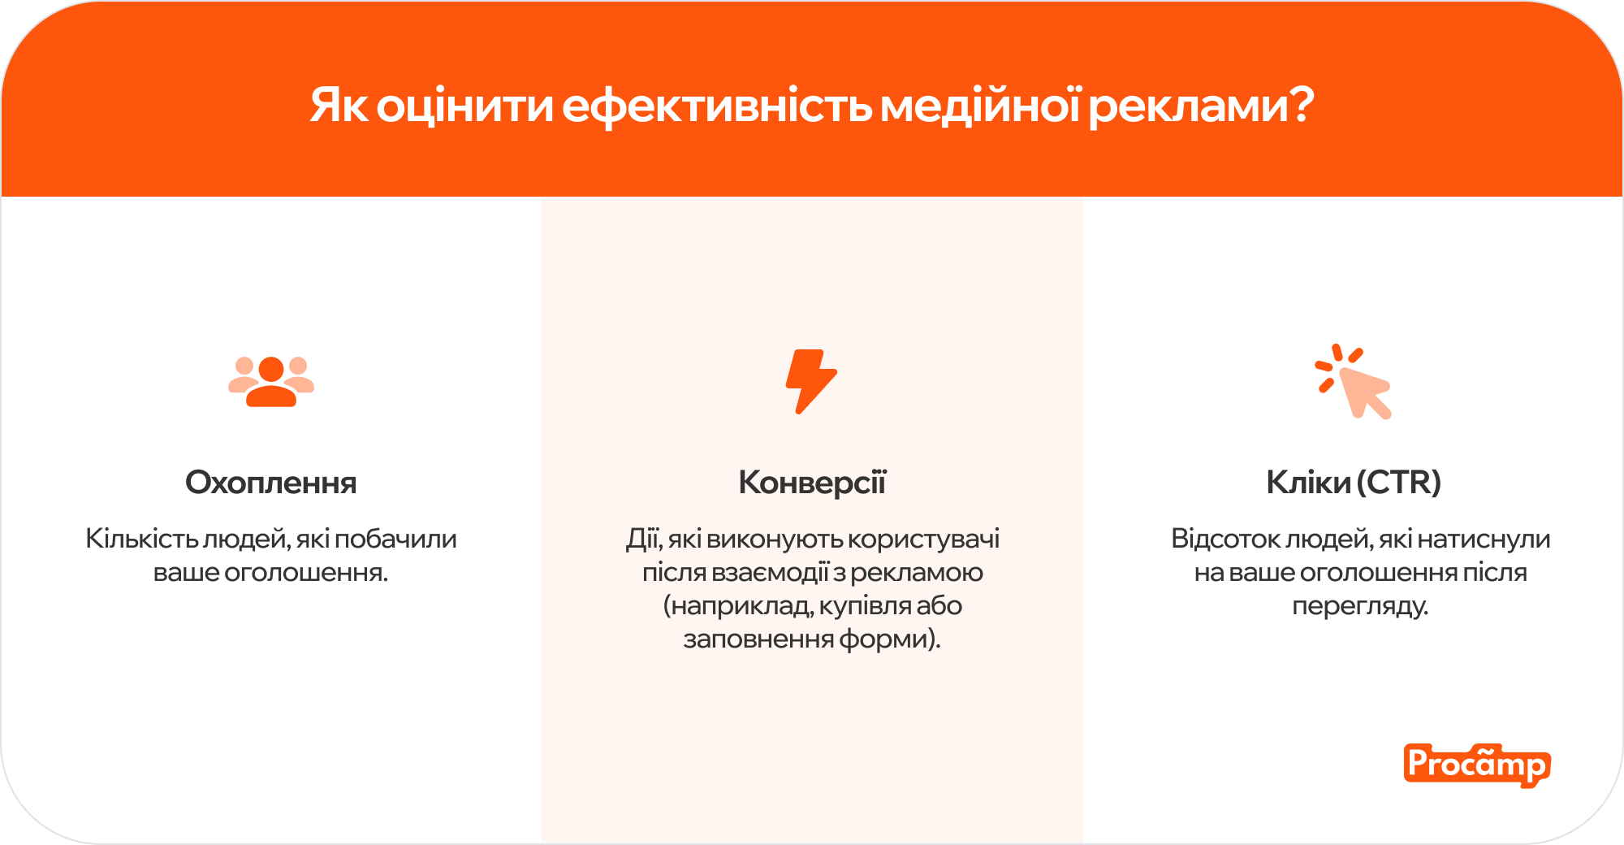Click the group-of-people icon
(x=271, y=381)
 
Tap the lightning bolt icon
(x=811, y=381)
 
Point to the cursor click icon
(x=1354, y=381)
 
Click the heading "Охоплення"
(x=271, y=483)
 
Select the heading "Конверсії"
(x=812, y=483)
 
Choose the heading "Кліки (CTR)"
(x=1354, y=483)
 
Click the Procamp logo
(x=1476, y=765)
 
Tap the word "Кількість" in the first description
(x=141, y=539)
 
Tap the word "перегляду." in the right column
(x=1360, y=606)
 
